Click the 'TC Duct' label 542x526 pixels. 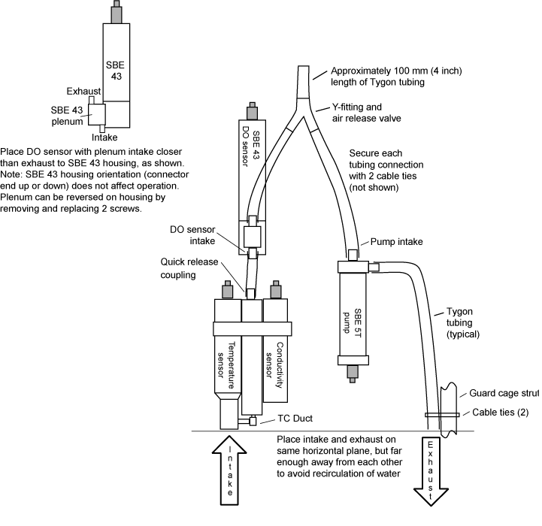294,417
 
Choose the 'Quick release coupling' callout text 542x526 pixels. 189,268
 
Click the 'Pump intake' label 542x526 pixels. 398,243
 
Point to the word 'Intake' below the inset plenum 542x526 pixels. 104,138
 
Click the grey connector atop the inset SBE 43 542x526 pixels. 117,12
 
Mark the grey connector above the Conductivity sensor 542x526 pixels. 276,290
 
